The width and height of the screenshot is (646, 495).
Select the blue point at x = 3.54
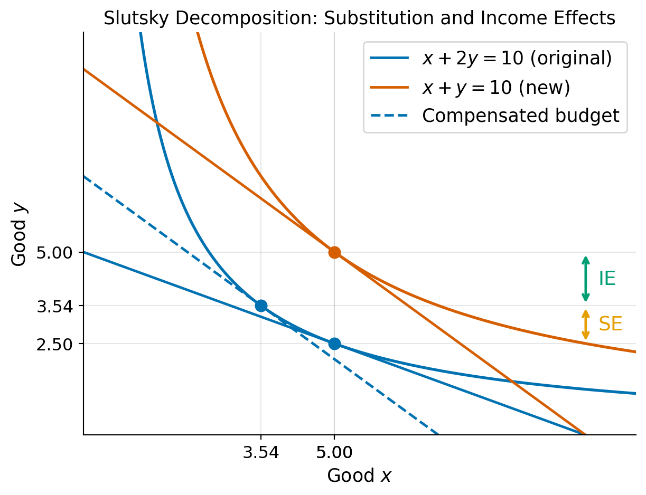[x=261, y=306]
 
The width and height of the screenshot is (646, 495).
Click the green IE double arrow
[x=585, y=279]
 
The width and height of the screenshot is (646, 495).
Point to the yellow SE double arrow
[x=585, y=324]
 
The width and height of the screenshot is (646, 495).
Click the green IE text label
[x=607, y=279]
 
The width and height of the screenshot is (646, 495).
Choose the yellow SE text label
[x=610, y=324]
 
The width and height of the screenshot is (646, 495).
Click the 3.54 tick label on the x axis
[x=261, y=452]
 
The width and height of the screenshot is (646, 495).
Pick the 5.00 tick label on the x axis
[x=334, y=452]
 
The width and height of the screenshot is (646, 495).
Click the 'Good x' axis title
[x=359, y=475]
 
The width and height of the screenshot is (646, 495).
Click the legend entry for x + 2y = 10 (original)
[x=517, y=58]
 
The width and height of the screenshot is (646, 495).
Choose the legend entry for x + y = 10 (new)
[x=496, y=87]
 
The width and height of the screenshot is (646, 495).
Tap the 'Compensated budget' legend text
[x=520, y=116]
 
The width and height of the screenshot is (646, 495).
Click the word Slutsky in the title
[x=131, y=18]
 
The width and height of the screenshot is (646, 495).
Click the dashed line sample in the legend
[x=389, y=116]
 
